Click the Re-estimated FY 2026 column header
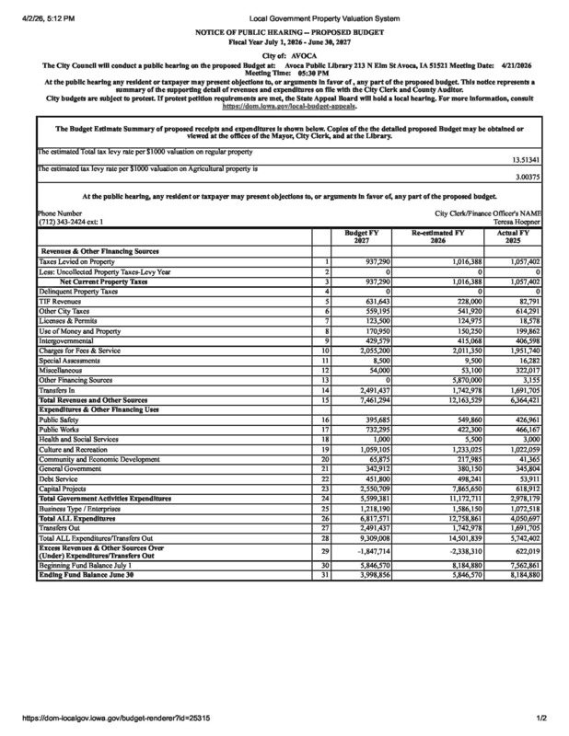pos(441,238)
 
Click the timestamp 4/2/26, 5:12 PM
pos(45,19)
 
